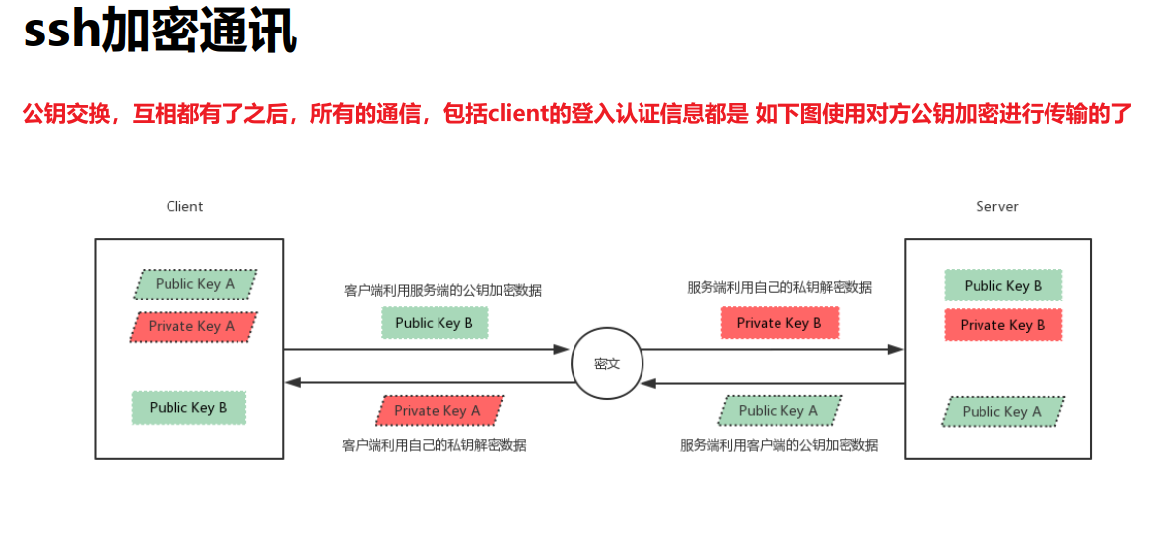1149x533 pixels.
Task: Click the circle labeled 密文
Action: [x=607, y=364]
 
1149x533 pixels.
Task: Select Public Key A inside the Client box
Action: [x=195, y=284]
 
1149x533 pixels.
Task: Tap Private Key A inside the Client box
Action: [x=192, y=326]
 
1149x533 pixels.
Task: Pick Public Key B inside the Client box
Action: [x=188, y=407]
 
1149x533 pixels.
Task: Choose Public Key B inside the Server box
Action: [x=1003, y=286]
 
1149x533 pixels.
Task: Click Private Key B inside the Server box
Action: [x=1003, y=325]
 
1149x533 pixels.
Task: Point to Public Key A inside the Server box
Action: [x=1002, y=412]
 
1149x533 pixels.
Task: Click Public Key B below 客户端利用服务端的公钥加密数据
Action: [x=434, y=323]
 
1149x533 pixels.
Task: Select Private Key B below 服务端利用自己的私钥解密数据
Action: [x=778, y=323]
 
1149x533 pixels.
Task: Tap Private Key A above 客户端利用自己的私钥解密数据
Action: [x=438, y=411]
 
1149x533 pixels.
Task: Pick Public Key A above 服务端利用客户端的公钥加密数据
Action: [x=778, y=411]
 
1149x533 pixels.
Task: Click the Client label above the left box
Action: [x=184, y=207]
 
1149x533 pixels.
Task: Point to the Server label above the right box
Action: [x=997, y=207]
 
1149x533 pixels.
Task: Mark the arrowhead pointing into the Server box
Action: [x=895, y=349]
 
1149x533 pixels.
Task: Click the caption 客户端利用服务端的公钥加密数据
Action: [x=442, y=291]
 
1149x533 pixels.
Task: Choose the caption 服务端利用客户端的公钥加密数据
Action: [x=778, y=445]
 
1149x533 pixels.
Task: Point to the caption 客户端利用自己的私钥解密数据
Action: [x=435, y=445]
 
